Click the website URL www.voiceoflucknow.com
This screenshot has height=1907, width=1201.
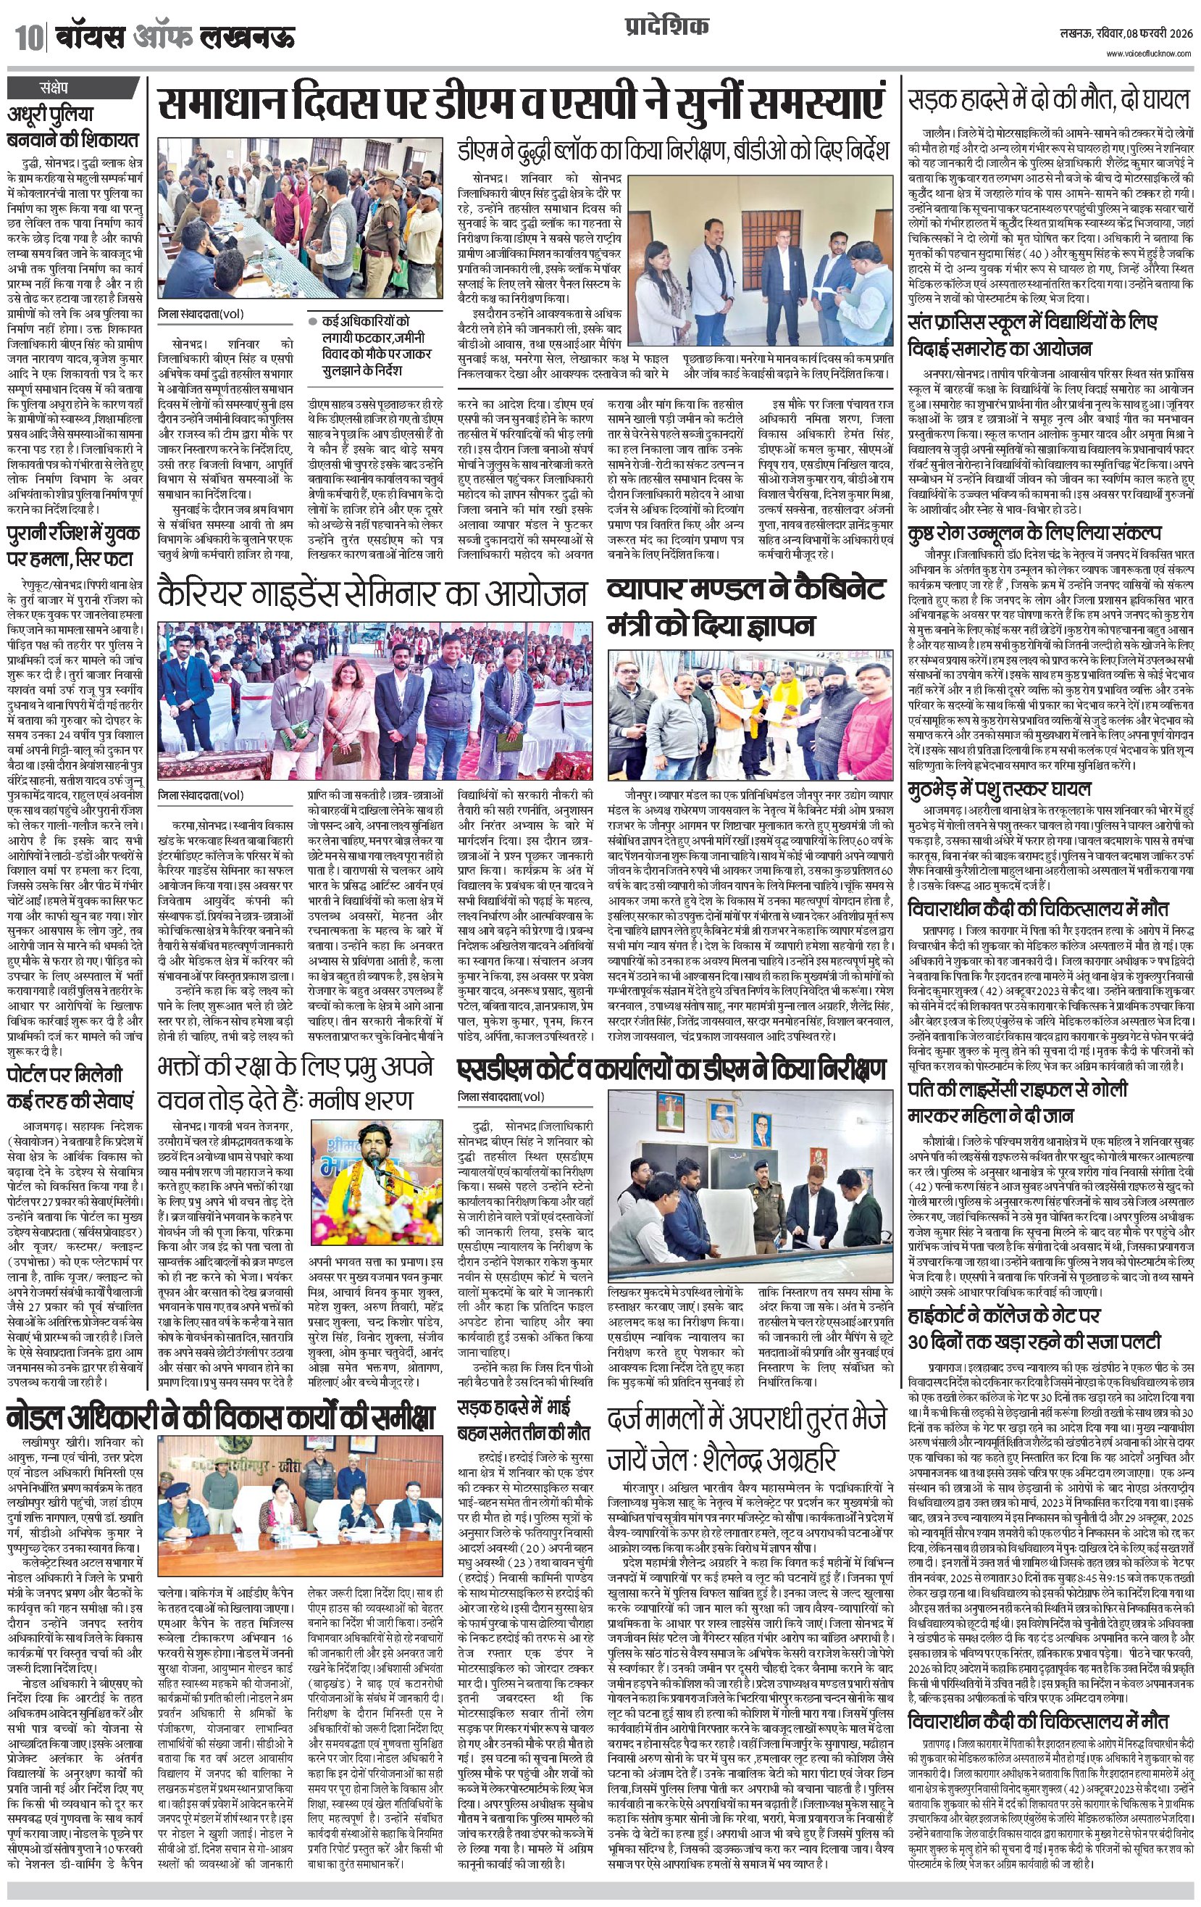[x=1150, y=53]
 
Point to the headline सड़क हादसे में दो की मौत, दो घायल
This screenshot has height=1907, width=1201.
[x=1050, y=101]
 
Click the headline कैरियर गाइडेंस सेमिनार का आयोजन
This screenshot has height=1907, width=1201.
[x=372, y=594]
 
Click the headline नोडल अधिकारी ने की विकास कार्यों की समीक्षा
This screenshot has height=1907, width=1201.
[x=221, y=1415]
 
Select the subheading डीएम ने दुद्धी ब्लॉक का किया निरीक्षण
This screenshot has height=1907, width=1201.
[x=674, y=150]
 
